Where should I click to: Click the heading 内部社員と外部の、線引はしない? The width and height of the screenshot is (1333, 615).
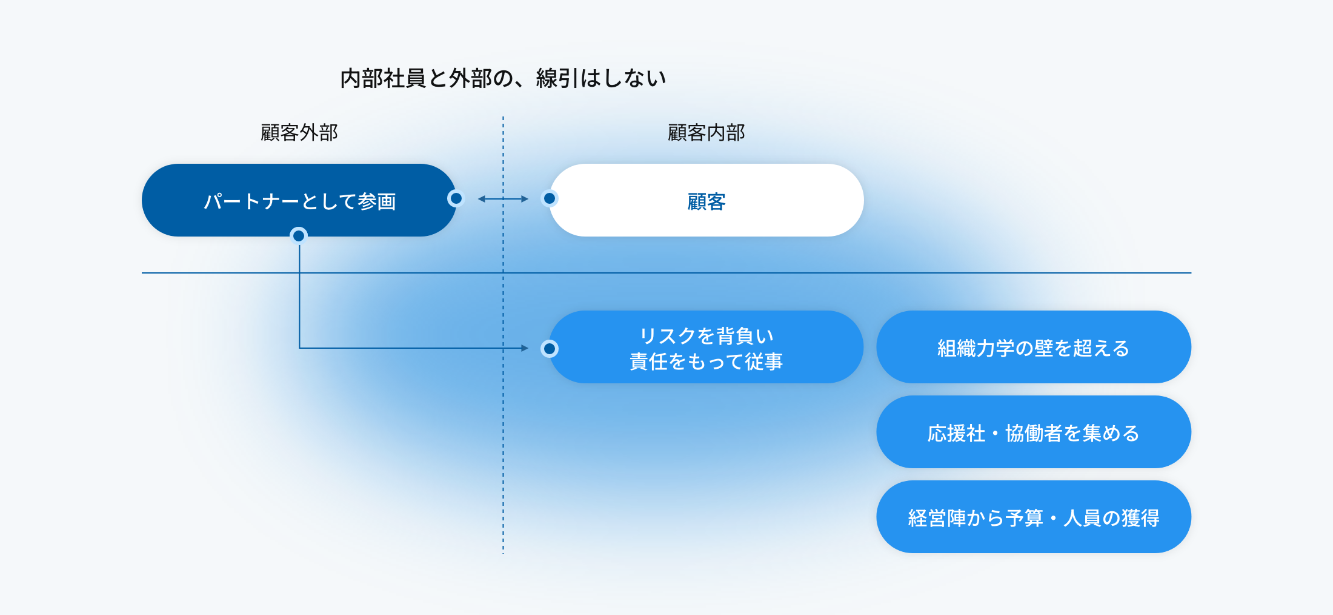503,78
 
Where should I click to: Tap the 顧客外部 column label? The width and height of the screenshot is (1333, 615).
299,132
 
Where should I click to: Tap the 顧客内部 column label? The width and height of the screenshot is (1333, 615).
706,132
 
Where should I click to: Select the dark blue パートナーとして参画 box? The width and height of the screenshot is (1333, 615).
299,200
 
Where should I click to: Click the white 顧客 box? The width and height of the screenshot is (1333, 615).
706,200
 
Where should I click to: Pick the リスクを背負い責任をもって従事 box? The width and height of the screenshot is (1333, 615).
706,347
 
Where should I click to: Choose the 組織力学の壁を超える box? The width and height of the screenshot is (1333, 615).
1034,347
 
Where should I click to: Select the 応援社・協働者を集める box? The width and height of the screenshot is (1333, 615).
1034,432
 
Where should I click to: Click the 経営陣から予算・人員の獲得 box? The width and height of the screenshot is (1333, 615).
1034,517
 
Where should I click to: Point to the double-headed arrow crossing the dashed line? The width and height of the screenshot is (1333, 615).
503,199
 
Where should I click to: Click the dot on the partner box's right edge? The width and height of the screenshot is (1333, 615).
456,198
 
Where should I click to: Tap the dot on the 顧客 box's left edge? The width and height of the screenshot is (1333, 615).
550,198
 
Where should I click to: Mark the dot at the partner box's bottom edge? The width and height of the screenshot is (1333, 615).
299,235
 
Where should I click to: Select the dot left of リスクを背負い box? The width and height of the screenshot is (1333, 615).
550,349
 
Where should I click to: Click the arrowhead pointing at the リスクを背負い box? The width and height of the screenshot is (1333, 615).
525,348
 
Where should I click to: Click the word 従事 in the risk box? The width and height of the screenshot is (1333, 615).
764,361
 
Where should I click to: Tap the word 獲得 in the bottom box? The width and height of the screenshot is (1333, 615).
1140,518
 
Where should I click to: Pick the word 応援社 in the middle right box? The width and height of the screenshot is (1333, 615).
956,433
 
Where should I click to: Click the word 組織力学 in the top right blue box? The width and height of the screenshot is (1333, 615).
976,348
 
